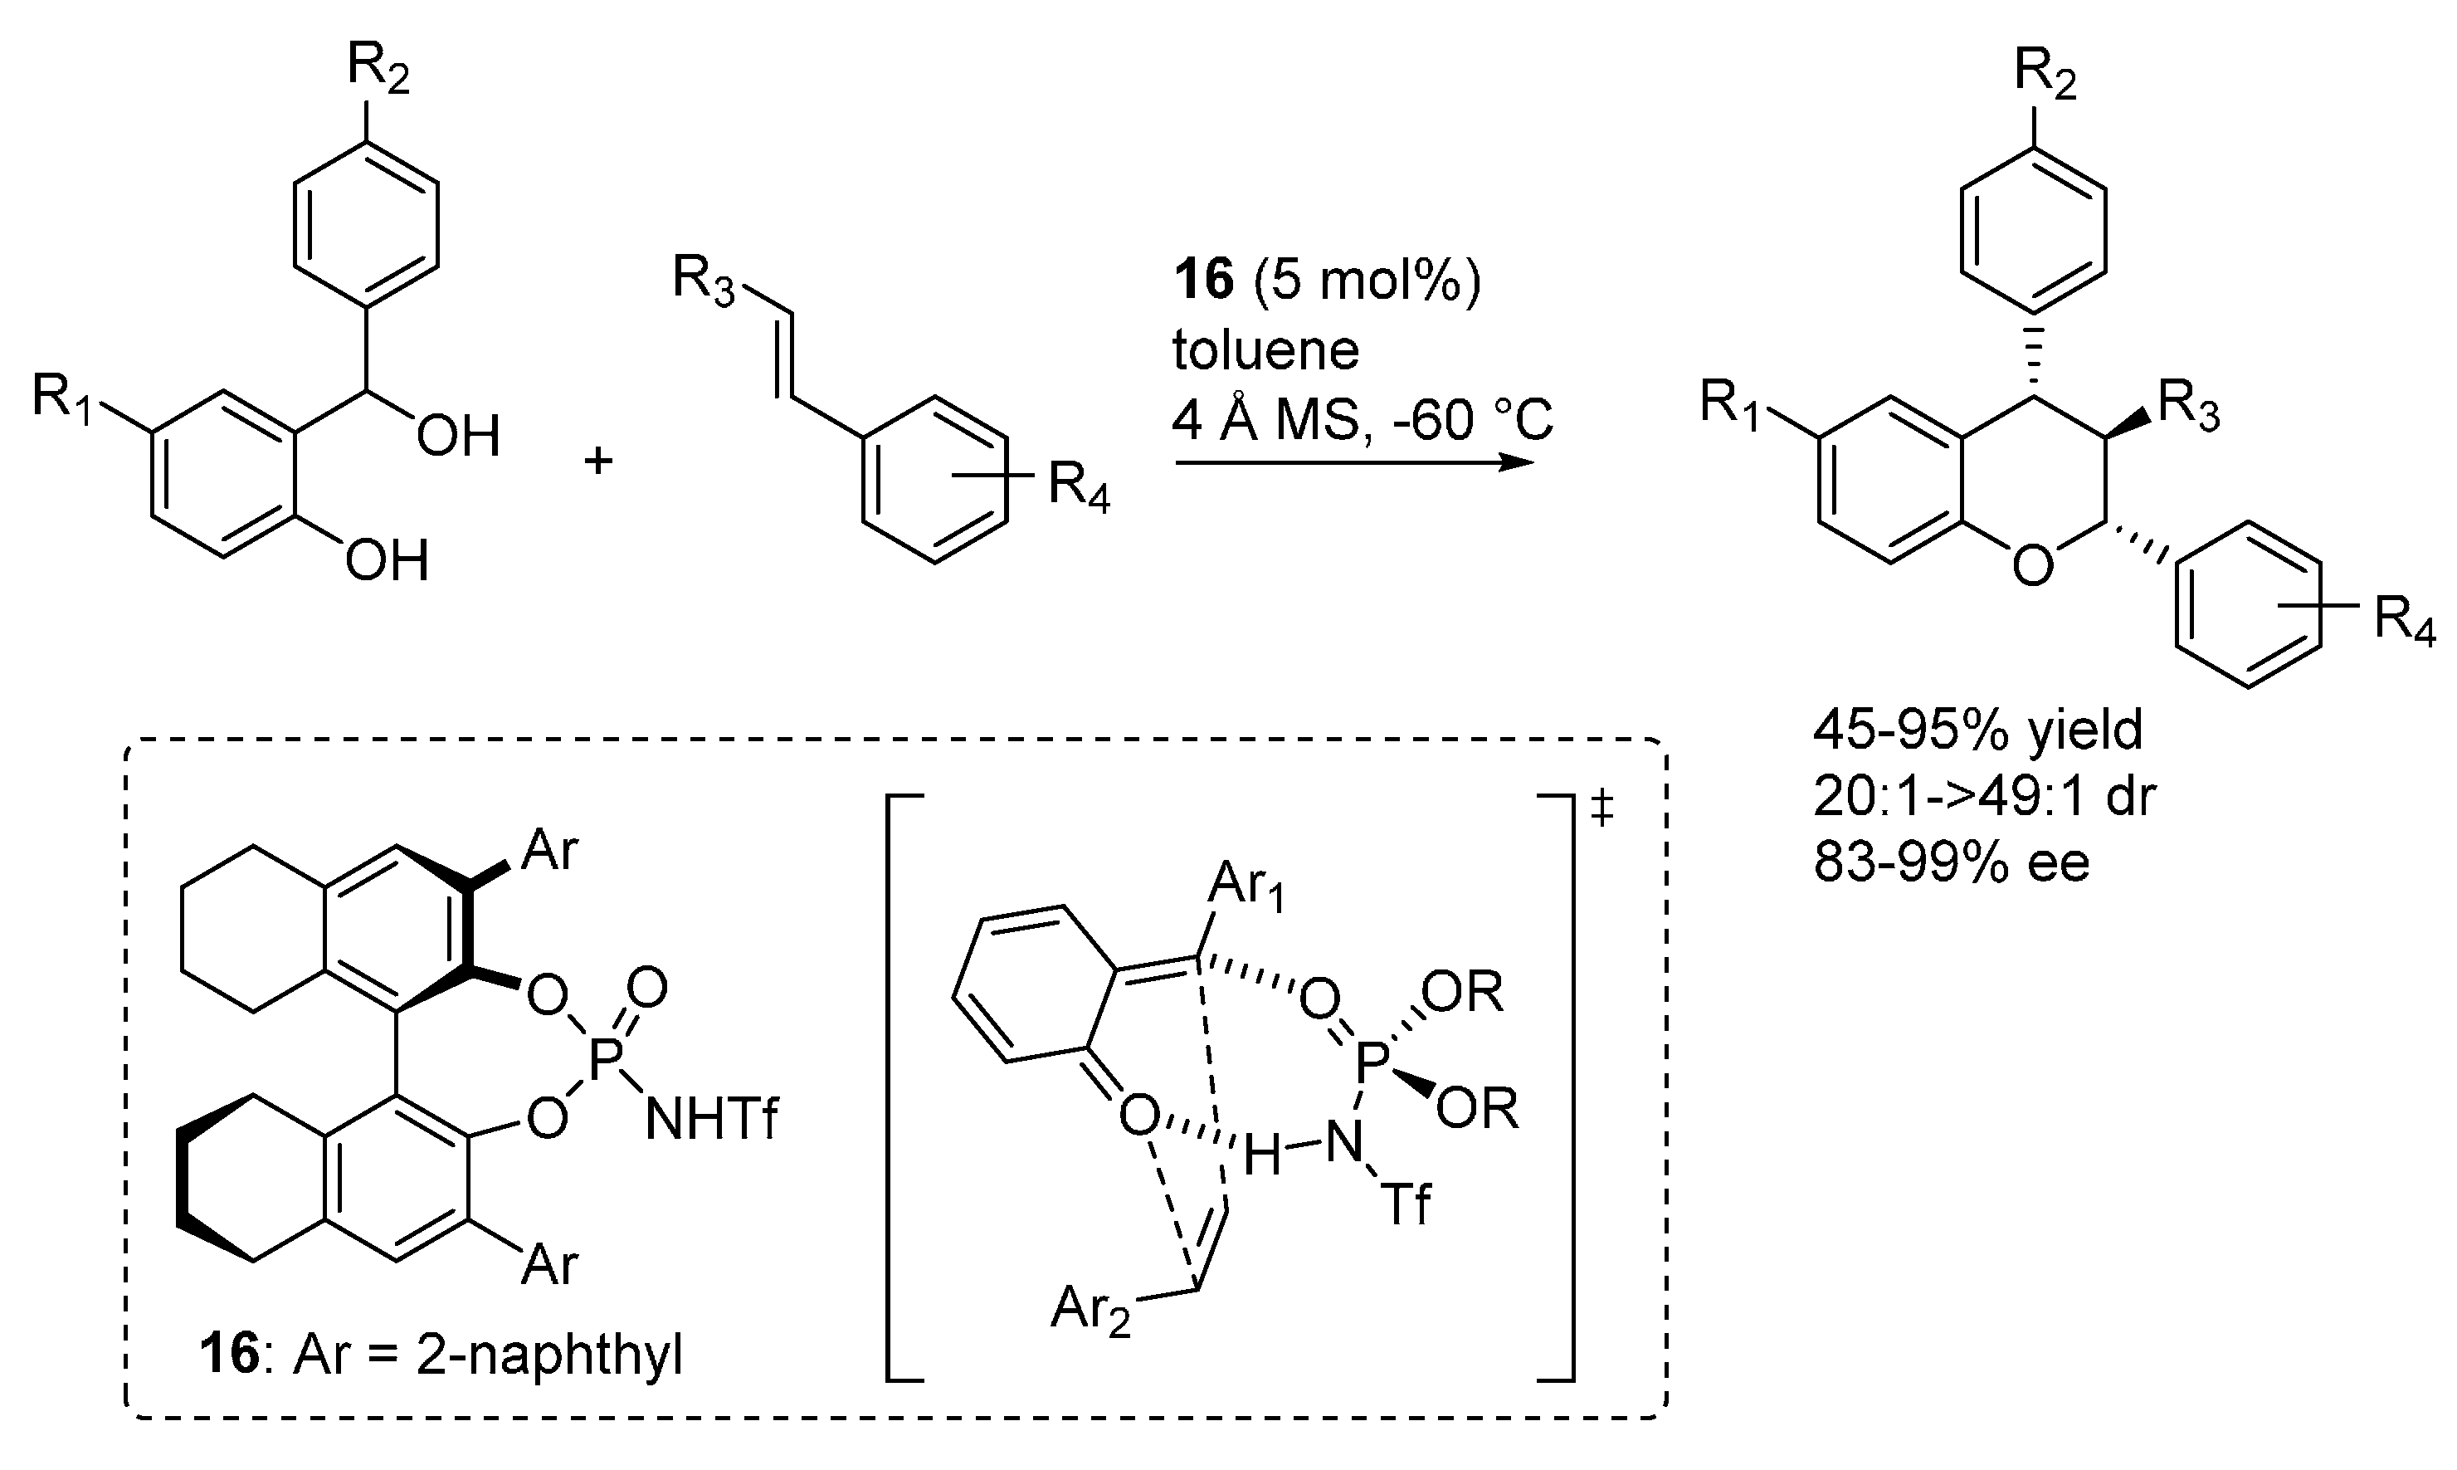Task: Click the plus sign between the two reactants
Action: [598, 461]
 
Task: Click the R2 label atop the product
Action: [2047, 75]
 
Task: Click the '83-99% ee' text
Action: [1951, 861]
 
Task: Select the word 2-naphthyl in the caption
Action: [549, 1355]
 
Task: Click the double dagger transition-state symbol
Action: [1601, 810]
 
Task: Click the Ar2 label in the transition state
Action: [1090, 1311]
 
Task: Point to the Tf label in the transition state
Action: [1407, 1204]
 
